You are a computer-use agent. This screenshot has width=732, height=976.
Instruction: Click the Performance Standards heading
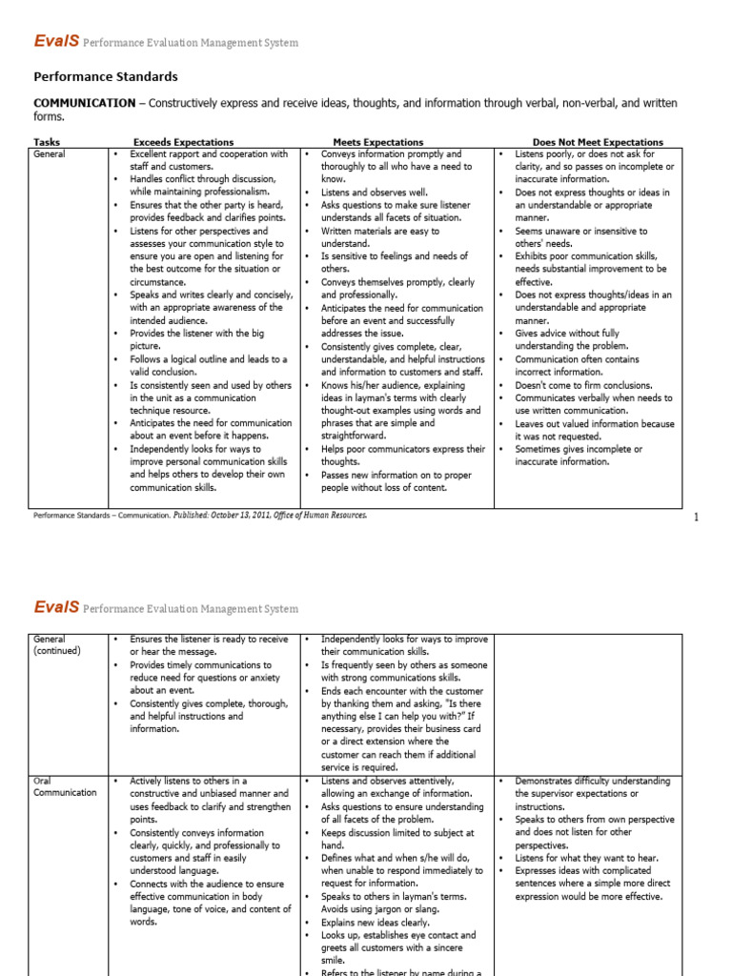point(106,77)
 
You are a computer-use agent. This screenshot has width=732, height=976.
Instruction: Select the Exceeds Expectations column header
point(183,142)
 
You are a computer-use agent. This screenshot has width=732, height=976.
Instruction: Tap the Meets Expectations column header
point(378,142)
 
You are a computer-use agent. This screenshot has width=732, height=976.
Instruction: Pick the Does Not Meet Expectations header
point(598,142)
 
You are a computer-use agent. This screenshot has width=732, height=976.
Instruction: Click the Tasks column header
point(47,142)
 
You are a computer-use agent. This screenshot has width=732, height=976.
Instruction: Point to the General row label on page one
point(50,153)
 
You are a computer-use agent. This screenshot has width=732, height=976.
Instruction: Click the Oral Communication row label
point(65,786)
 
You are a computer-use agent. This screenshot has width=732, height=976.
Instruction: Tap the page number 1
point(697,518)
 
